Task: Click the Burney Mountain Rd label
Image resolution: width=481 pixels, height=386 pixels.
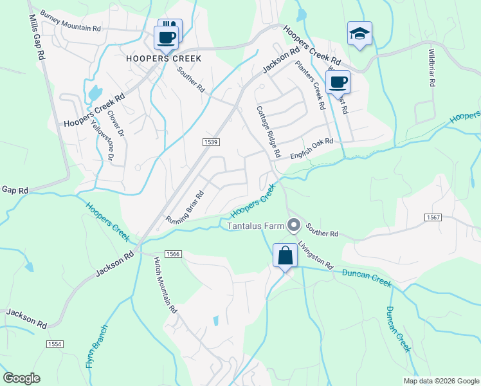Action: (x=70, y=21)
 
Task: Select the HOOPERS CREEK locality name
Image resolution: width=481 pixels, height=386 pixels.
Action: (x=164, y=58)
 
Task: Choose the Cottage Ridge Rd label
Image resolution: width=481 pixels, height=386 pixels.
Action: (x=269, y=132)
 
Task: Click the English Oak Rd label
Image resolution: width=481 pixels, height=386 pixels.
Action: (x=311, y=149)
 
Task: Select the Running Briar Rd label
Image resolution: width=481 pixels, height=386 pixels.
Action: (x=185, y=207)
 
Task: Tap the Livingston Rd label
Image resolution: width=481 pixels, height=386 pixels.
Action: (x=316, y=255)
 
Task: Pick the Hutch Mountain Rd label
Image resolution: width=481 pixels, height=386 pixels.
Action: (x=165, y=284)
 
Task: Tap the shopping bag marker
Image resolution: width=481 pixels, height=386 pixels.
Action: (x=285, y=255)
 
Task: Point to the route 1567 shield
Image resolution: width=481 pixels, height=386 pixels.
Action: (x=433, y=218)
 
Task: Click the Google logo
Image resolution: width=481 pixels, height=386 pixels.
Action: (x=21, y=378)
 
